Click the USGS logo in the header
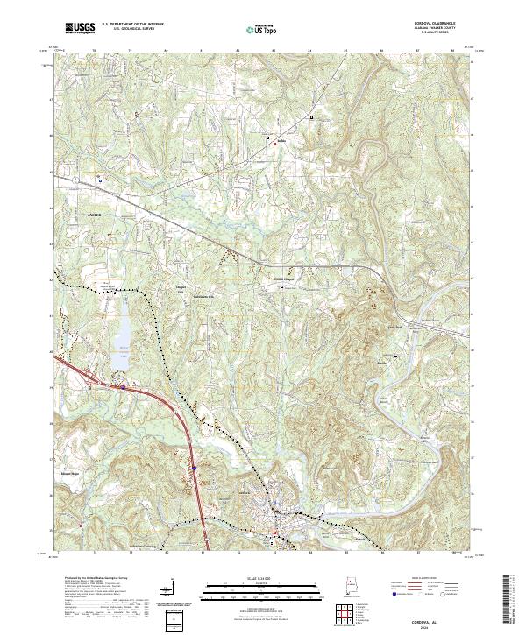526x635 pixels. click(80, 29)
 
